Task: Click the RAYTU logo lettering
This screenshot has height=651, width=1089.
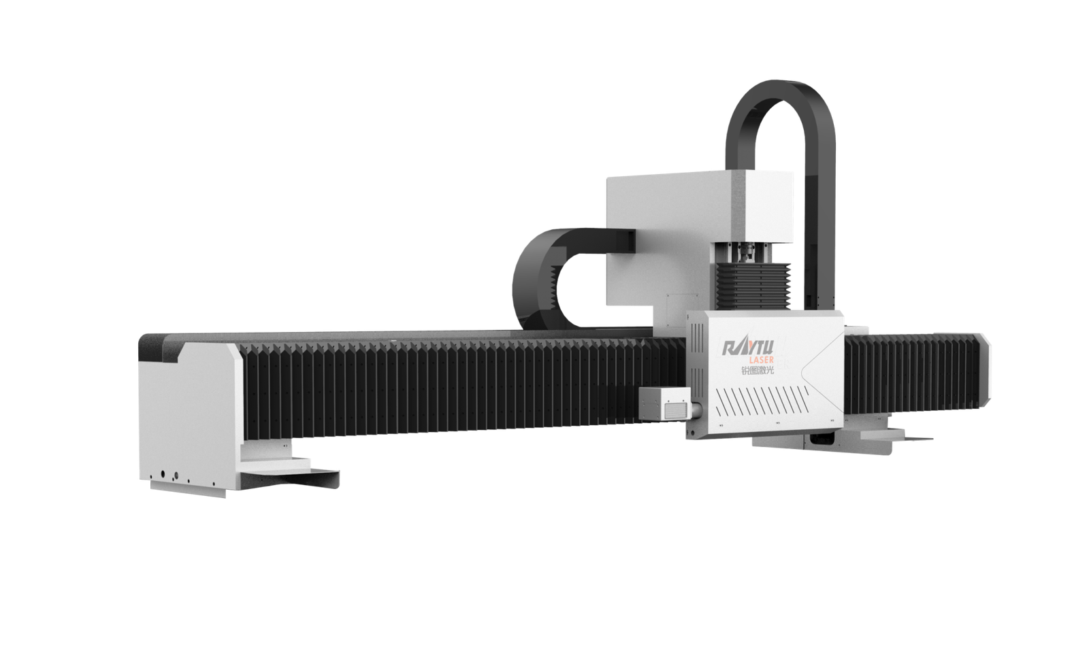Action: pyautogui.click(x=748, y=348)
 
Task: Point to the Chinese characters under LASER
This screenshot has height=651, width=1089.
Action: pyautogui.click(x=757, y=370)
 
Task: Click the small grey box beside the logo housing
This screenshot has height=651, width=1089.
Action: pyautogui.click(x=664, y=403)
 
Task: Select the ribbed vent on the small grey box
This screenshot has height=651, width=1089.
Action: pyautogui.click(x=676, y=411)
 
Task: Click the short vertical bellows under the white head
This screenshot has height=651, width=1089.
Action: pyautogui.click(x=753, y=286)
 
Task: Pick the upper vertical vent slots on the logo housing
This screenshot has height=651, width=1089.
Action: pyautogui.click(x=697, y=340)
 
